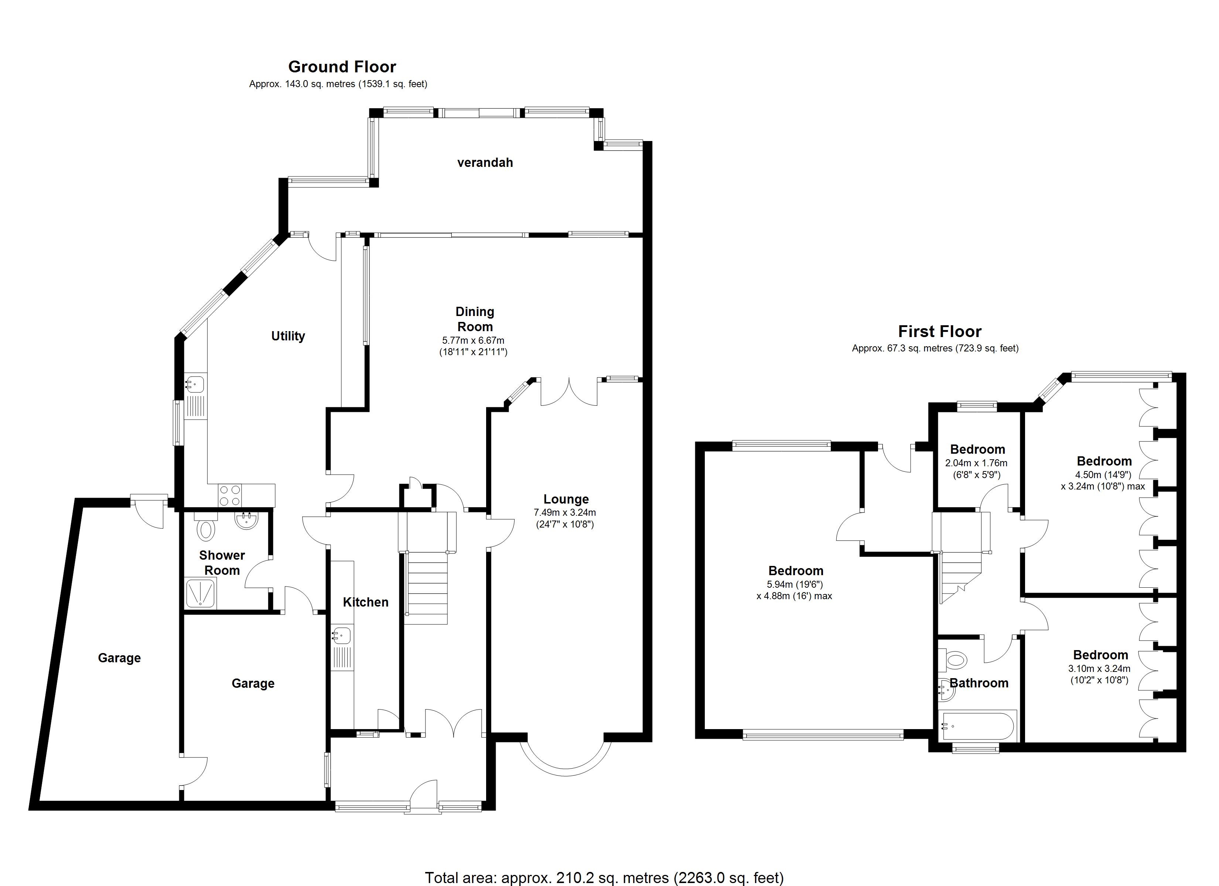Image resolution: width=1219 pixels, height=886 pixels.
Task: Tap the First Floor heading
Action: [939, 331]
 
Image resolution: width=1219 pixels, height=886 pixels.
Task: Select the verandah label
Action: [485, 162]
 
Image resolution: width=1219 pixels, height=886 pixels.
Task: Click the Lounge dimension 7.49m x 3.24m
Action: [564, 512]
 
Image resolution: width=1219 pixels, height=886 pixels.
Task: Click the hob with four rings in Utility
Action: [230, 495]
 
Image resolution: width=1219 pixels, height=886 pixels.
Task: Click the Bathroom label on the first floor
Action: [979, 683]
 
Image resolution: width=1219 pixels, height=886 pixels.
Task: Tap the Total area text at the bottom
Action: [604, 878]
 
